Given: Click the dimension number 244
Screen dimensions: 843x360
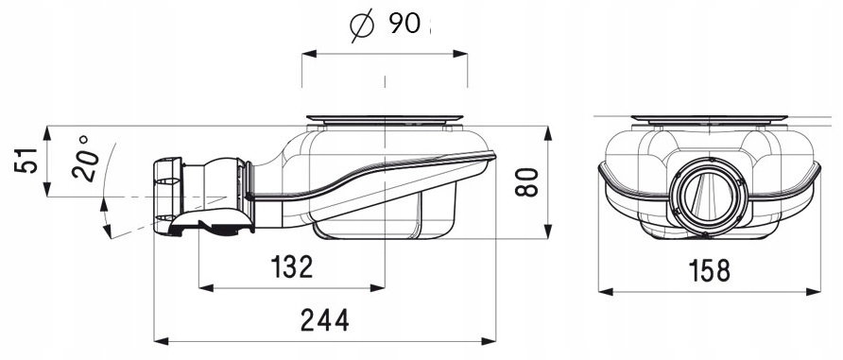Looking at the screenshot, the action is [x=325, y=320].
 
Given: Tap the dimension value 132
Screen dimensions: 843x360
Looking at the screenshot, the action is [x=291, y=266].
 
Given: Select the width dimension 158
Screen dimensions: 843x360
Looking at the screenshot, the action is [x=710, y=270].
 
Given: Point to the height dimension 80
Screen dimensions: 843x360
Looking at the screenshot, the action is [x=527, y=181].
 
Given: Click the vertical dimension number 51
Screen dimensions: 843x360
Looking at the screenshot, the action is [x=26, y=160].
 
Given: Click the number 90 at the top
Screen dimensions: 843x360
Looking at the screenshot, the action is [x=404, y=23].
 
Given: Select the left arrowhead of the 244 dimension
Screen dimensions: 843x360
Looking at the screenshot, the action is [x=161, y=341].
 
